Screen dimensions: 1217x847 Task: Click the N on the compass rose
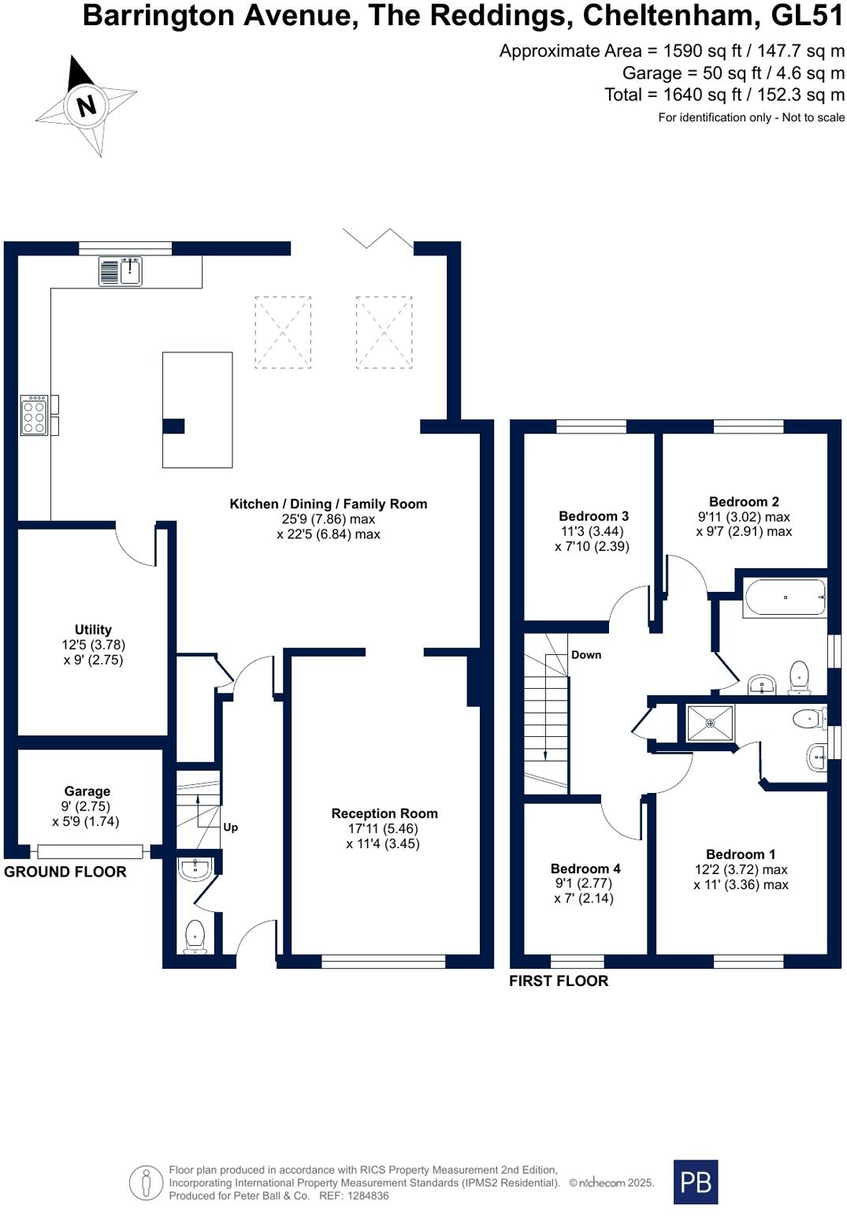86,106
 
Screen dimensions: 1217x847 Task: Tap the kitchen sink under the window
121,271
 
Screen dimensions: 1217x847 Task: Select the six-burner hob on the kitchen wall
34,415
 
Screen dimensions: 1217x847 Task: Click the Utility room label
93,630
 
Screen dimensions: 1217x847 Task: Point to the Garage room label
87,791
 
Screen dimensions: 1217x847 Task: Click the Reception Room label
384,813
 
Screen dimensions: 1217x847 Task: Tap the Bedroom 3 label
593,516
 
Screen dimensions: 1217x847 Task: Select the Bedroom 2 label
744,501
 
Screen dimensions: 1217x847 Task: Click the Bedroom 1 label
741,854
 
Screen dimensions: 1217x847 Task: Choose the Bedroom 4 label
585,869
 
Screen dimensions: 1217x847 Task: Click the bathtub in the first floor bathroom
784,598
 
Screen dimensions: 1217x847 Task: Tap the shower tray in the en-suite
710,723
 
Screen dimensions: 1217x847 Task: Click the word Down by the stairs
586,655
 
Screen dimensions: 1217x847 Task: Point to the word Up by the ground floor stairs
230,828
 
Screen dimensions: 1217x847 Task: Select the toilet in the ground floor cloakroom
195,937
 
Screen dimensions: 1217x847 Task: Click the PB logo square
696,1182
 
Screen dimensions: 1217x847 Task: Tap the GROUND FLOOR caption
65,872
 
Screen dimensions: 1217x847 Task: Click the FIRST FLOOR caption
559,981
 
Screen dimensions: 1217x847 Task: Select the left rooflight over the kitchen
283,332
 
